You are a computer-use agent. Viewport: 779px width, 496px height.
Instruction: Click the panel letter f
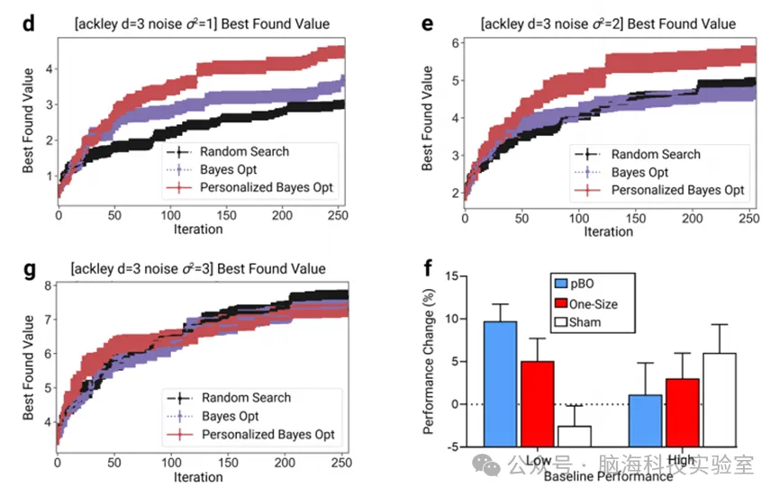427,267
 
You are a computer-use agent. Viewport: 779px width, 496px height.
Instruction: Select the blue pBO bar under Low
502,383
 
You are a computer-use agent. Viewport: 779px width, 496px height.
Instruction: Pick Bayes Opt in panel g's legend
230,416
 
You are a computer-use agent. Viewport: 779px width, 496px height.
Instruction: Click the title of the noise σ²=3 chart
200,268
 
